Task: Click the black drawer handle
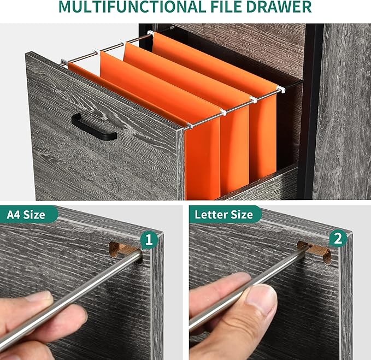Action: (x=94, y=127)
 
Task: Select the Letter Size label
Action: (x=224, y=215)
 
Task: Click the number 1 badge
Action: (x=149, y=240)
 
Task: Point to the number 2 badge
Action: (x=338, y=239)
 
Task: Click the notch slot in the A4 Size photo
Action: (x=126, y=251)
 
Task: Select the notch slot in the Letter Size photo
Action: (x=315, y=251)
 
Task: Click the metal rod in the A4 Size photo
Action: (x=71, y=298)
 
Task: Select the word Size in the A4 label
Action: (x=34, y=215)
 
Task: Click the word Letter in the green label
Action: (x=210, y=214)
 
